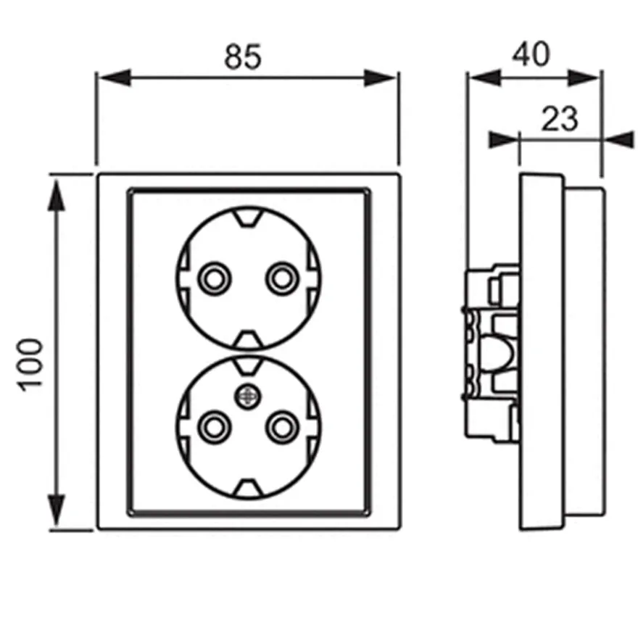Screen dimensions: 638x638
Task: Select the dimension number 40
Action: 531,54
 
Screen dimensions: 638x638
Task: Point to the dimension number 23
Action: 559,119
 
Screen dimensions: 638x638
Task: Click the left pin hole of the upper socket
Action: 215,278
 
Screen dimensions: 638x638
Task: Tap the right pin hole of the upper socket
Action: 282,278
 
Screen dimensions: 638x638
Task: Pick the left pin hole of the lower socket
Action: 215,427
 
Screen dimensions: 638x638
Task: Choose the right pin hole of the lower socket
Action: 282,427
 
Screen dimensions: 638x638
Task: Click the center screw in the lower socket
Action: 248,396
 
